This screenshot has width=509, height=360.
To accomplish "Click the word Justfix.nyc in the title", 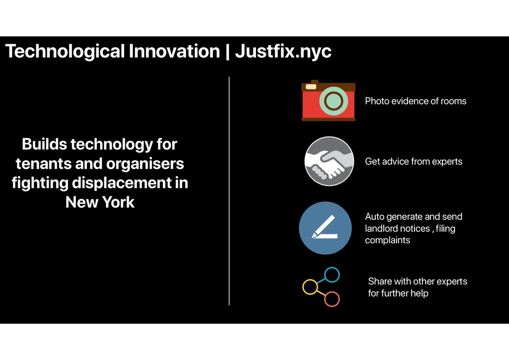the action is pyautogui.click(x=283, y=52).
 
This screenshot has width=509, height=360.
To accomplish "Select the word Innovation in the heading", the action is pyautogui.click(x=174, y=51).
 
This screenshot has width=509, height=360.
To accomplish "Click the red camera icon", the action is pyautogui.click(x=329, y=100).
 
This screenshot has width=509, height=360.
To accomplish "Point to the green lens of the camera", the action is pyautogui.click(x=334, y=101).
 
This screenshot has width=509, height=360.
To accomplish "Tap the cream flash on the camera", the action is pyautogui.click(x=311, y=87).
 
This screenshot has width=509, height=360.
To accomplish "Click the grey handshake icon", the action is pyautogui.click(x=329, y=161).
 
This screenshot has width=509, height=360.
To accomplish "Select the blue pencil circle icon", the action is pyautogui.click(x=325, y=228).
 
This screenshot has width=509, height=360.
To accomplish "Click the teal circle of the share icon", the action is pyautogui.click(x=332, y=274).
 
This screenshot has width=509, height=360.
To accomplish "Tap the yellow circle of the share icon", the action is pyautogui.click(x=310, y=287).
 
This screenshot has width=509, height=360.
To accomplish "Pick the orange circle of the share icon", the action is pyautogui.click(x=332, y=299).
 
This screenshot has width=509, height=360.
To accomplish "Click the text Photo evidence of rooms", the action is pyautogui.click(x=416, y=101).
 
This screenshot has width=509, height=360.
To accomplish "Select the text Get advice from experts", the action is pyautogui.click(x=414, y=162).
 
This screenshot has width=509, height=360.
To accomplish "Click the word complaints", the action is pyautogui.click(x=388, y=241).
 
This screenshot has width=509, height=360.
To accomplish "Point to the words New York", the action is pyautogui.click(x=100, y=202).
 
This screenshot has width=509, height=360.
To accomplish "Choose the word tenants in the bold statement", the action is pyautogui.click(x=43, y=164).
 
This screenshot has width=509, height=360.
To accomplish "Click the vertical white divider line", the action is pyautogui.click(x=229, y=191).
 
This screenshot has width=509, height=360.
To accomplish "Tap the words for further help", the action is pyautogui.click(x=398, y=293).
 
